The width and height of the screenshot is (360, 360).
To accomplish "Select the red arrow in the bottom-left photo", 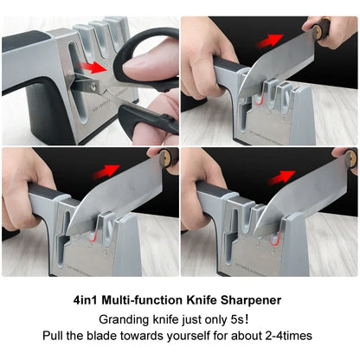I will pos(107,170).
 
